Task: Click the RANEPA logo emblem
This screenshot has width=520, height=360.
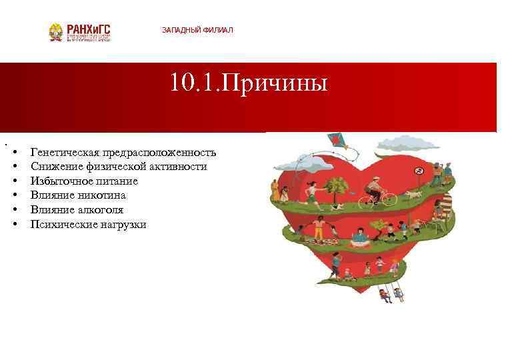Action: (x=56, y=32)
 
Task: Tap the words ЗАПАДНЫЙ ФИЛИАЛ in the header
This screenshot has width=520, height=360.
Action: (x=197, y=31)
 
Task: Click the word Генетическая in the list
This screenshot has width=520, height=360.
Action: (x=63, y=152)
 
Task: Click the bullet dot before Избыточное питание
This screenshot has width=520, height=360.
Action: (x=15, y=181)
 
